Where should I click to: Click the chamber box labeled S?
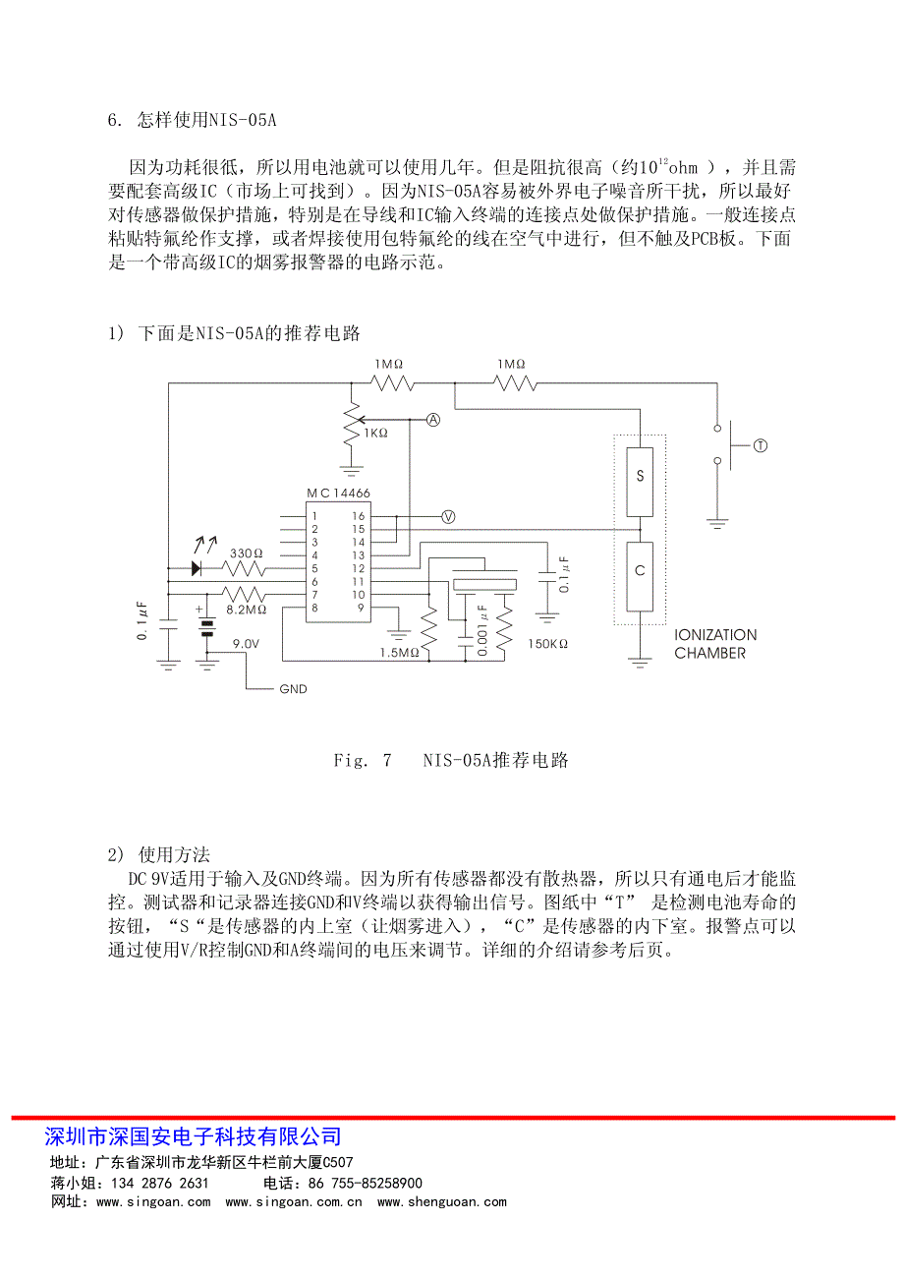click(x=640, y=482)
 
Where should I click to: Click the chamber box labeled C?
click(x=640, y=576)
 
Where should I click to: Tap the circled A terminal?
click(x=433, y=420)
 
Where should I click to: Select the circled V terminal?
click(x=448, y=517)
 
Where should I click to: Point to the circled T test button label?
click(x=761, y=445)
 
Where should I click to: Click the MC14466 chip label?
click(x=338, y=493)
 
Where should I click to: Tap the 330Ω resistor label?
click(x=246, y=553)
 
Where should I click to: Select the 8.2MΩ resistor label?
click(x=246, y=610)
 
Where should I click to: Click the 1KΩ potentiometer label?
click(x=375, y=434)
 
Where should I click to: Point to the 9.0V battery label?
click(x=246, y=643)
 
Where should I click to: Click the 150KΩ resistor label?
click(x=547, y=643)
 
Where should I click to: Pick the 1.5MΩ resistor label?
click(x=399, y=653)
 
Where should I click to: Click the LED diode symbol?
click(x=197, y=568)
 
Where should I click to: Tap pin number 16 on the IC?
click(x=358, y=516)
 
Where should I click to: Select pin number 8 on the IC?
click(x=314, y=608)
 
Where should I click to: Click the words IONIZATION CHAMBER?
click(x=715, y=644)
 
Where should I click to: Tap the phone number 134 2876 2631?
click(x=159, y=1183)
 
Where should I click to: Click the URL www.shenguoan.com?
click(x=441, y=1201)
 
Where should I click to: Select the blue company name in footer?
click(x=193, y=1136)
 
